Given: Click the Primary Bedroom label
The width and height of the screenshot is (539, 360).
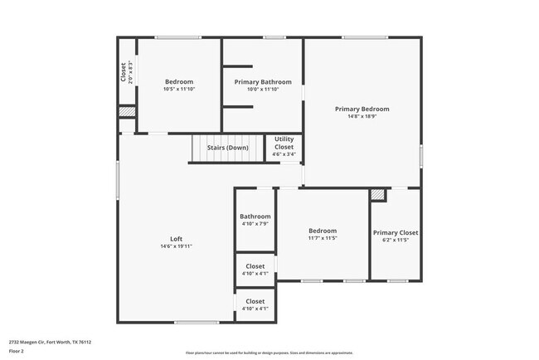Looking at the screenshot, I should [362, 109].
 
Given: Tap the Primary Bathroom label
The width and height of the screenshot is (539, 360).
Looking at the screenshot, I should [263, 82].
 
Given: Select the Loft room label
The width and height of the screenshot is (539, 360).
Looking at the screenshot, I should [176, 239].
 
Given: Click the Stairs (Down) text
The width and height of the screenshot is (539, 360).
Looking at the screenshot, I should [227, 148].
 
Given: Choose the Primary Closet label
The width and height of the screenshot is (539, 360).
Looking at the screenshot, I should [395, 233].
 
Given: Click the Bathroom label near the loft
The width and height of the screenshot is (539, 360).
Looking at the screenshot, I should [255, 216].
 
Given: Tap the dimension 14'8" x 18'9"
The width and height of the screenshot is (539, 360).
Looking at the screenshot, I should [362, 117].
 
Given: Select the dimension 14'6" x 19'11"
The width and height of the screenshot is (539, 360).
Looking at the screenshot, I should [176, 246].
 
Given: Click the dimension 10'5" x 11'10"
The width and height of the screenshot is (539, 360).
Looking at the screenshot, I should [179, 90].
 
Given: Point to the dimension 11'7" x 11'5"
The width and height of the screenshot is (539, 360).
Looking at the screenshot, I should [323, 238].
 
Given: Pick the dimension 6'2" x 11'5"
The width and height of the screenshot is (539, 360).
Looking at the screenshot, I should [395, 241].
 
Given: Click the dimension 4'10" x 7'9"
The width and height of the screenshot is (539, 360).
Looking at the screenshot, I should [255, 224].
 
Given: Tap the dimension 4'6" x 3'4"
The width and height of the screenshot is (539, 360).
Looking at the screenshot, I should [284, 154].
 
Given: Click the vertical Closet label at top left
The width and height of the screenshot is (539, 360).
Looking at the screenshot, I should [124, 72].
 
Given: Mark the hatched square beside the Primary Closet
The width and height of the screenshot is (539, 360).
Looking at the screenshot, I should [377, 194].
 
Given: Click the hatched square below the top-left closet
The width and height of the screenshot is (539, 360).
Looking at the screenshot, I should [126, 112].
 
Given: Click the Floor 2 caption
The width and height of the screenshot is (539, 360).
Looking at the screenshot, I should [17, 351].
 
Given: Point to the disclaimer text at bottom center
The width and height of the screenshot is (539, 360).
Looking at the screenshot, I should [269, 353].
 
